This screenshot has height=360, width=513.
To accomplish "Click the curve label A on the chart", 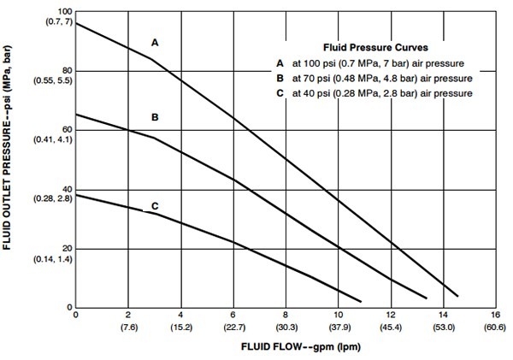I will pos(155,41).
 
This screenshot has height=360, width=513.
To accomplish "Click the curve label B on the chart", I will pos(155,115).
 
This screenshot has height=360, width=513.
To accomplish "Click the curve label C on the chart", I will pos(155,205).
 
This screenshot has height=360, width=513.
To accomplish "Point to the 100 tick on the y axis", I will pos(63,10).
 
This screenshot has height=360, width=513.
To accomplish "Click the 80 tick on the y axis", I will pos(65,70).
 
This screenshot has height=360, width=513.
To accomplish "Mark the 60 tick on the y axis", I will pos(65,130).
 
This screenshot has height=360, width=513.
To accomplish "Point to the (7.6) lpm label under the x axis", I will pos(128,327).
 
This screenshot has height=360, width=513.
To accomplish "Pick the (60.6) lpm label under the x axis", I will pos(494,327).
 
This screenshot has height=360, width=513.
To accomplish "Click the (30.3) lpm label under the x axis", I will pos(286,327).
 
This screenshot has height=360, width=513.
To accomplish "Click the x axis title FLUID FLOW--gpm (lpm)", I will pos(286,349).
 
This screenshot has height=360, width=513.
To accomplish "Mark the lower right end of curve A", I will pos(458,296).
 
